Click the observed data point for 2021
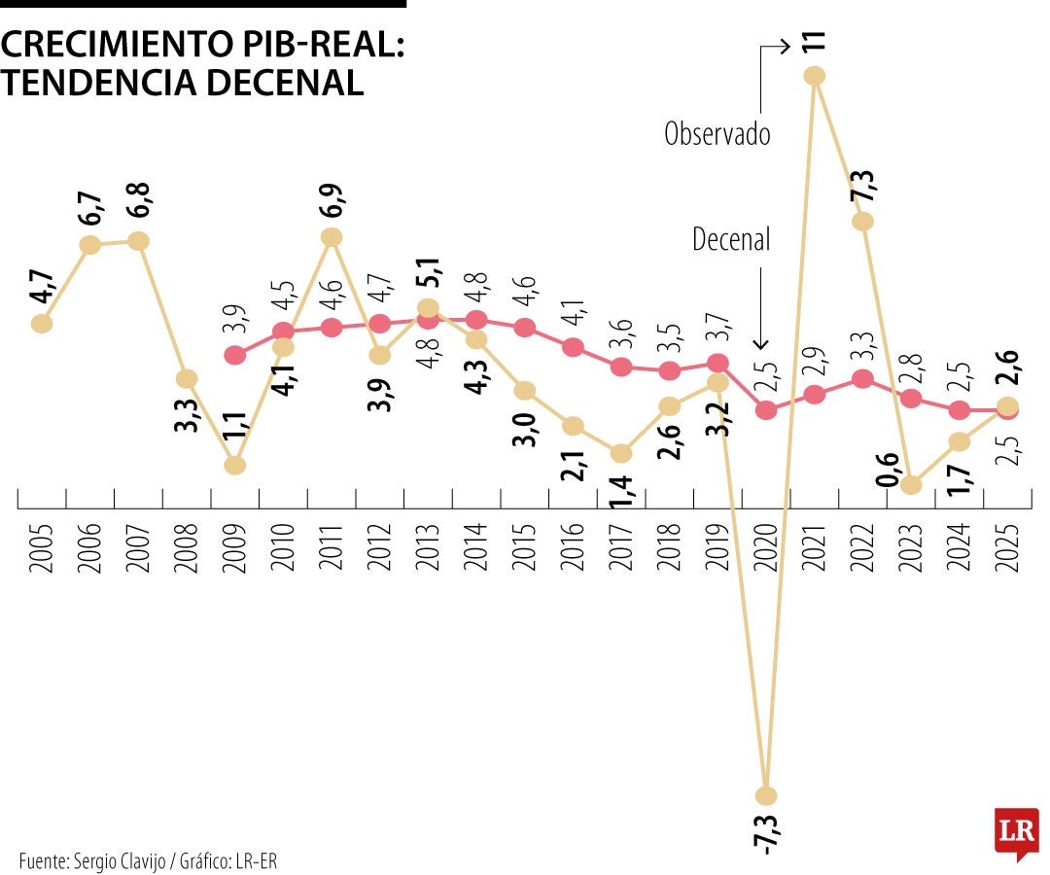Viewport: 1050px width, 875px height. [x=815, y=76]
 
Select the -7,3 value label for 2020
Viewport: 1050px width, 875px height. [x=767, y=831]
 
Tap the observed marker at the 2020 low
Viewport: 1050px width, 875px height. [x=767, y=793]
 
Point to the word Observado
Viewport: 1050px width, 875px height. [x=717, y=134]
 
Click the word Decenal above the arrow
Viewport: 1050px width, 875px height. [x=731, y=240]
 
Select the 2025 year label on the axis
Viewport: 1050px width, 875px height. [x=1008, y=550]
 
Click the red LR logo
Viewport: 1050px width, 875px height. [x=1016, y=832]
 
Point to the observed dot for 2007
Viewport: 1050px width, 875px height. [x=138, y=240]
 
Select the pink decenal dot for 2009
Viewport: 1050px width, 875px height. [x=234, y=355]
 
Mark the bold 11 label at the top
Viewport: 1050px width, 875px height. [x=815, y=42]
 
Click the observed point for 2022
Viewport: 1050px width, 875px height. [x=862, y=221]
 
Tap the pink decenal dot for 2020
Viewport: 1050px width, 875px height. [x=766, y=410]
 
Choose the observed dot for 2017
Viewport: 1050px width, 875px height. [x=621, y=453]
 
